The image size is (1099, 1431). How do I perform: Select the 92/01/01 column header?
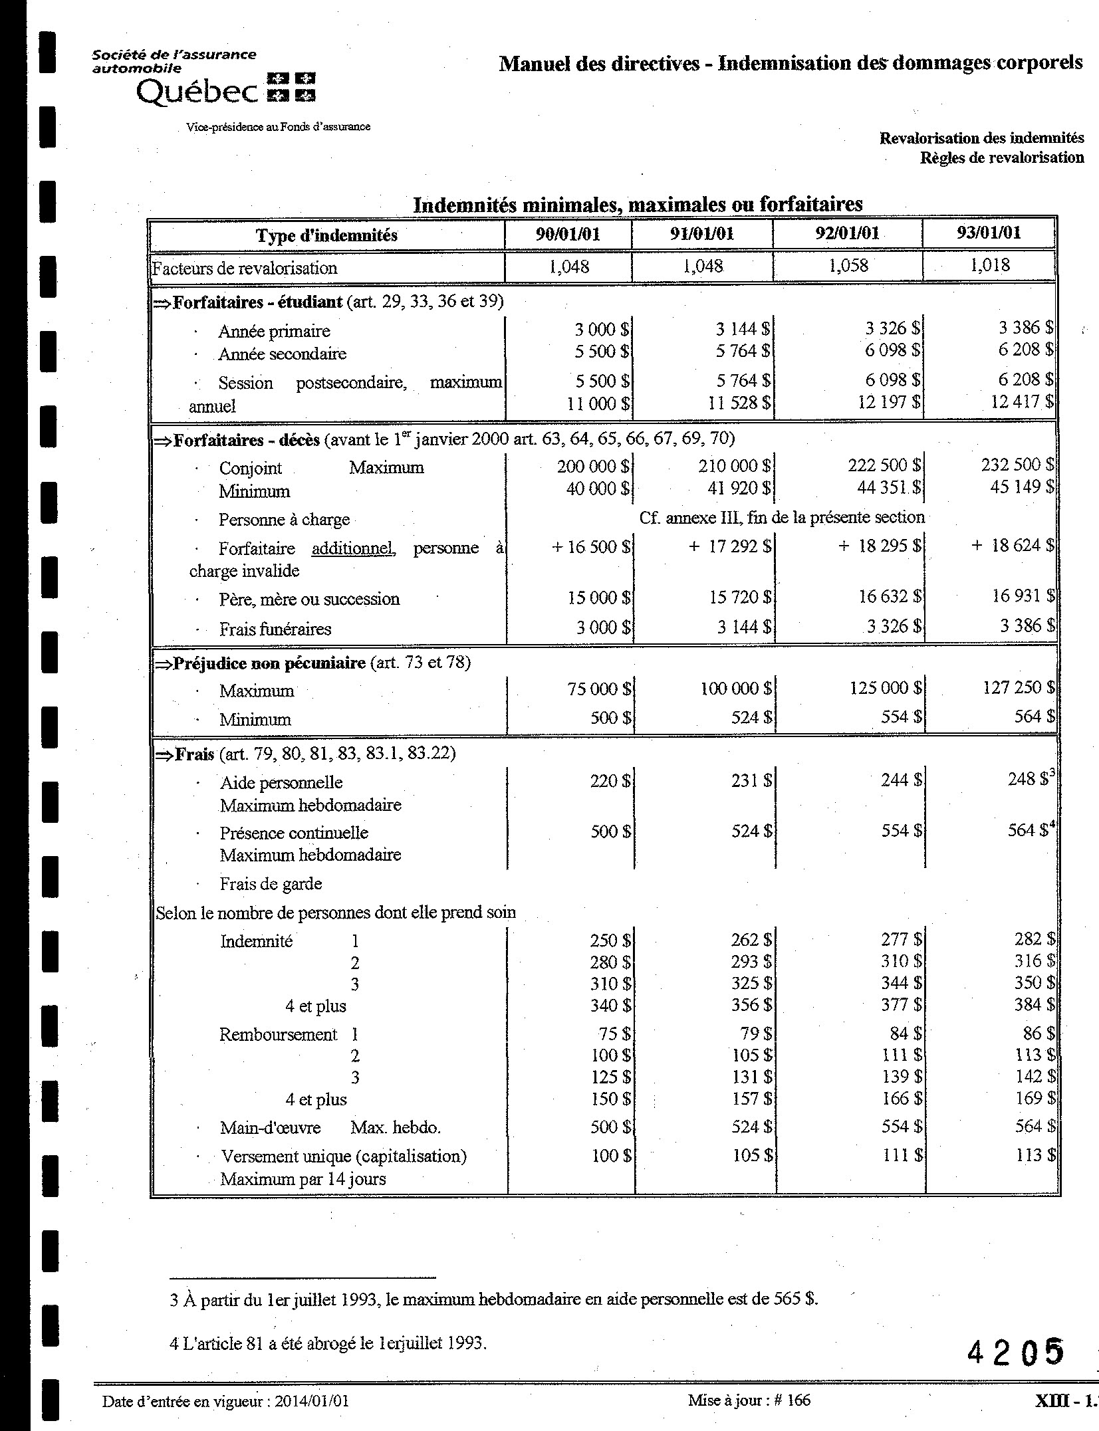[847, 233]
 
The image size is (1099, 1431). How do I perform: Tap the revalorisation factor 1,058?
[848, 266]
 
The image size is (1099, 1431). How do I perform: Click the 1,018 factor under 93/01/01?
[989, 266]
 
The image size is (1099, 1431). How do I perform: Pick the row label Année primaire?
[274, 331]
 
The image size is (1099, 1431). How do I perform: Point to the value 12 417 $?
[1021, 401]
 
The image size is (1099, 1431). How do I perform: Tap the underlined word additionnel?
[353, 549]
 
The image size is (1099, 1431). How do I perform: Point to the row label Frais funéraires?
[275, 629]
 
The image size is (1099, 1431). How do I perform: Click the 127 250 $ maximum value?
[1018, 688]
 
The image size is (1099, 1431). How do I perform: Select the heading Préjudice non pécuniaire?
[269, 663]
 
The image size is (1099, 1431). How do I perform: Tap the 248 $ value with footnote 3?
[1027, 780]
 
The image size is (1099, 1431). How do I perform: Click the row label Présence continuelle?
[294, 833]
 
